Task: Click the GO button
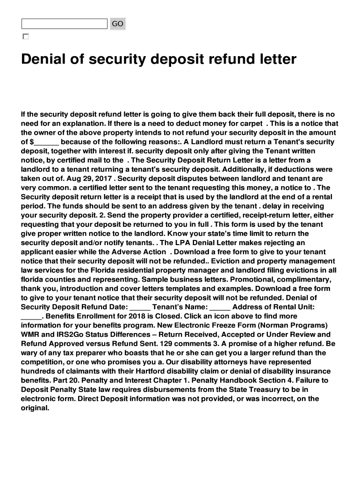[x=117, y=24]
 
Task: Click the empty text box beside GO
[x=65, y=24]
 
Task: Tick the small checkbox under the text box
[x=26, y=36]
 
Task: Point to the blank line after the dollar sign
[x=46, y=142]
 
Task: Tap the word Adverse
[x=126, y=252]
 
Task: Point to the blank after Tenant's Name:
[x=220, y=307]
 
